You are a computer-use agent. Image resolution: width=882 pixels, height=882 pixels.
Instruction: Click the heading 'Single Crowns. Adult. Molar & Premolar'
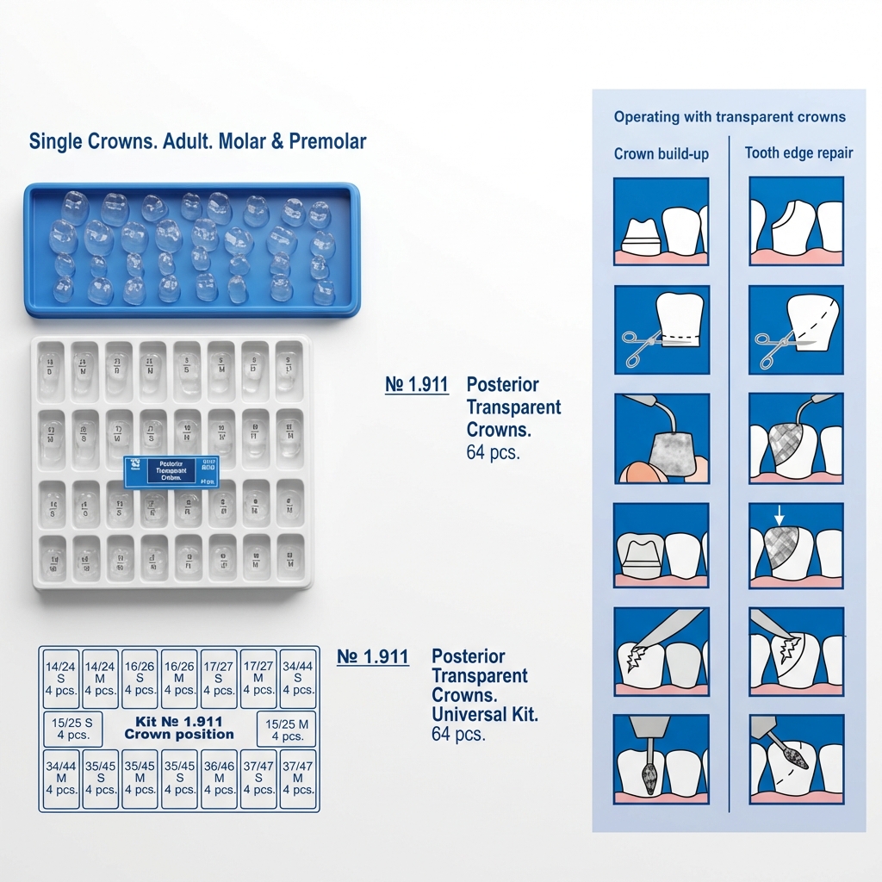click(197, 141)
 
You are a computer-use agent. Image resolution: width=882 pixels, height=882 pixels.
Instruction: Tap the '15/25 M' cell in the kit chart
click(287, 729)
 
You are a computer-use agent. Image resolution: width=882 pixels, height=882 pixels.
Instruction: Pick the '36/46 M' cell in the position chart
click(219, 778)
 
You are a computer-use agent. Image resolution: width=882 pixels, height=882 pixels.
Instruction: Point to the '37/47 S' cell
click(258, 778)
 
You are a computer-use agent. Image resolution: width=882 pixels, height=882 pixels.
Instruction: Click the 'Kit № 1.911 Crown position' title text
click(179, 728)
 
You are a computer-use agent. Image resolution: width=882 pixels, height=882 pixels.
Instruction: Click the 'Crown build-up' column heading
click(661, 154)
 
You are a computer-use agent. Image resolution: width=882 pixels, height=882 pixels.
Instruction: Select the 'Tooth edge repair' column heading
click(798, 153)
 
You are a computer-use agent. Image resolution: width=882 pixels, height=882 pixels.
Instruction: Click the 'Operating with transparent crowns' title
click(730, 117)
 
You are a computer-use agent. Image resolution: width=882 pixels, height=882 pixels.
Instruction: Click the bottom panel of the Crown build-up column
click(661, 755)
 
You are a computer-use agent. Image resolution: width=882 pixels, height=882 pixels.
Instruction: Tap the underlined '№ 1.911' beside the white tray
click(417, 385)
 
